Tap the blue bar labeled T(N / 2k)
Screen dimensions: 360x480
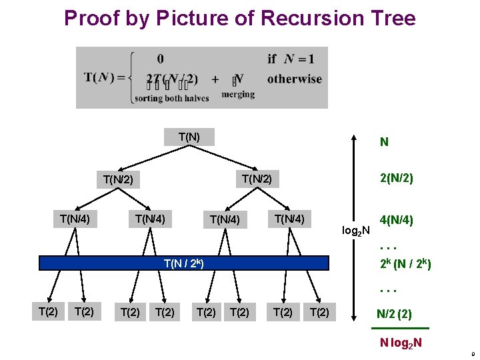pyautogui.click(x=184, y=263)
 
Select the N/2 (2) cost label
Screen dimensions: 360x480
pyautogui.click(x=394, y=313)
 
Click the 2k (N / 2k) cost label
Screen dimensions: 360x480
pyautogui.click(x=405, y=264)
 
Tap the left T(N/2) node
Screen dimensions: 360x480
pyautogui.click(x=119, y=180)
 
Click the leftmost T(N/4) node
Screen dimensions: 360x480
pyautogui.click(x=75, y=218)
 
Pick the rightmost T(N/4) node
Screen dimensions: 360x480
pyautogui.click(x=289, y=218)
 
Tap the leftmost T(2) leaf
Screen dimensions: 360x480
pyautogui.click(x=49, y=311)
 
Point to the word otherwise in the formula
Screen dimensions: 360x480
pyautogui.click(x=294, y=79)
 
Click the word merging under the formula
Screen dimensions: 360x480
pyautogui.click(x=238, y=95)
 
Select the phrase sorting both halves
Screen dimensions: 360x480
pyautogui.click(x=172, y=99)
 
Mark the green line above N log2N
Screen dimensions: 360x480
pyautogui.click(x=400, y=329)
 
